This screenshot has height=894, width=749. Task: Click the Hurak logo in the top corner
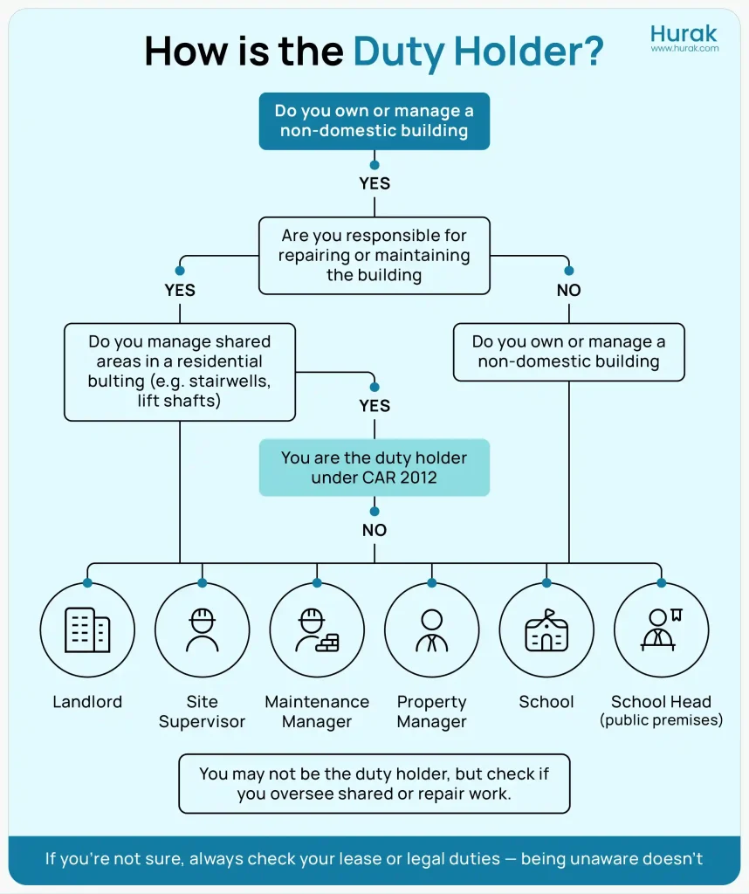pyautogui.click(x=684, y=33)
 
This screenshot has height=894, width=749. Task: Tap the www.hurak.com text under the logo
pyautogui.click(x=684, y=49)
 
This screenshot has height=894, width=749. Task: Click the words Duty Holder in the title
pyautogui.click(x=478, y=52)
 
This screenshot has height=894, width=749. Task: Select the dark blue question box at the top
pyautogui.click(x=374, y=121)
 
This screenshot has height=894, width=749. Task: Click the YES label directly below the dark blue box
pyautogui.click(x=374, y=183)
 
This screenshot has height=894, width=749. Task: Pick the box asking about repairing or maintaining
pyautogui.click(x=374, y=255)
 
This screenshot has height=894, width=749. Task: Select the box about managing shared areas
pyautogui.click(x=179, y=372)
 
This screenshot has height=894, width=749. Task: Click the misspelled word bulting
pyautogui.click(x=117, y=382)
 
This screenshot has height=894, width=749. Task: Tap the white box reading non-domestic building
pyautogui.click(x=568, y=352)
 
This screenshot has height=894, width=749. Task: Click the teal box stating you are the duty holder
pyautogui.click(x=374, y=467)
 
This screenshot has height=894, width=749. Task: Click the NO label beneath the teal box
pyautogui.click(x=374, y=530)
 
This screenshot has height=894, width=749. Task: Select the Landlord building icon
pyautogui.click(x=87, y=629)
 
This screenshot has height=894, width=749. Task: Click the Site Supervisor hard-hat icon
pyautogui.click(x=202, y=629)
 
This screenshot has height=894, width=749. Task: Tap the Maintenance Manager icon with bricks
pyautogui.click(x=317, y=629)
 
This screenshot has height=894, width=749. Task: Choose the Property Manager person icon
pyautogui.click(x=431, y=629)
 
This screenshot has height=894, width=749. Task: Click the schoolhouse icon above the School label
pyautogui.click(x=546, y=629)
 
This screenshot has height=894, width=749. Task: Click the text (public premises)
pyautogui.click(x=661, y=721)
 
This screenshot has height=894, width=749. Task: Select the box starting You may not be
pyautogui.click(x=374, y=783)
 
